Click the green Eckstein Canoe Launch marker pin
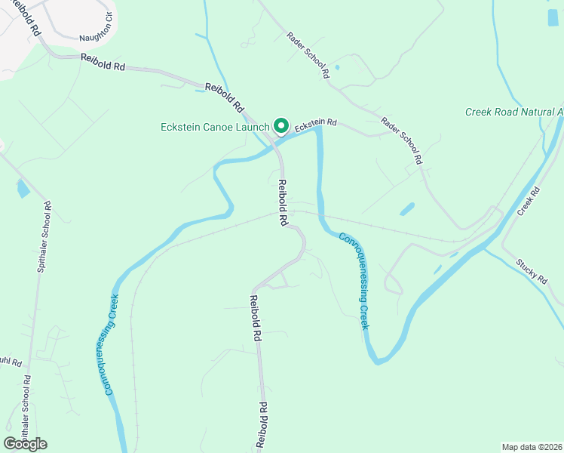pos(281,125)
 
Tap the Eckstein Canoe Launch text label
pos(215,126)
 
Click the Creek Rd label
pos(532,202)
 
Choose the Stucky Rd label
pos(532,273)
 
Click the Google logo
pos(25,443)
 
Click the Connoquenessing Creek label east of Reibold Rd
pos(354,279)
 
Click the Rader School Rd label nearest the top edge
pos(308,56)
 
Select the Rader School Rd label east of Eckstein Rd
pos(402,140)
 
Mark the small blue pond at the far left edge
pos(23,188)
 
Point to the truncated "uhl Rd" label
pos(7,360)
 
